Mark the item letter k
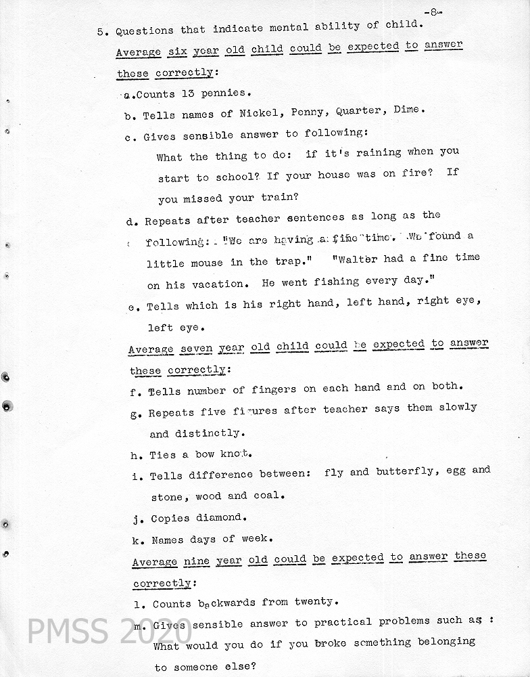coord(136,540)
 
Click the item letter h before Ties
coord(135,455)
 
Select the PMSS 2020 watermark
coord(109,630)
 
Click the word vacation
coord(217,285)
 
